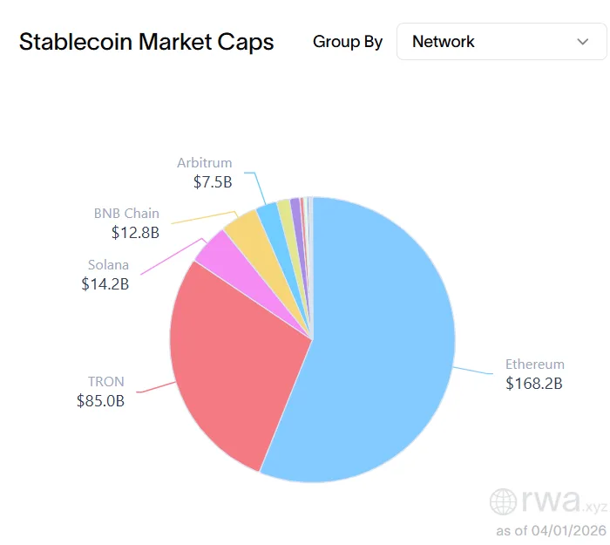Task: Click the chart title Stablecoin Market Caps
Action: coord(146,42)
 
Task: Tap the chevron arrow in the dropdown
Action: coord(583,41)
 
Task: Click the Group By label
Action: coord(348,42)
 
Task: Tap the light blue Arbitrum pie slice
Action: coord(268,214)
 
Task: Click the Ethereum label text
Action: coord(535,364)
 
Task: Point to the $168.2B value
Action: coord(534,384)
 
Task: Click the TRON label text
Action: coord(105,382)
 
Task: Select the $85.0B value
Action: coord(100,402)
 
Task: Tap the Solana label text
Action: coord(108,265)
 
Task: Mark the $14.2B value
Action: coord(105,284)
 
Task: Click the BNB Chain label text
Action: coord(126,214)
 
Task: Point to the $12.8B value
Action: coord(135,233)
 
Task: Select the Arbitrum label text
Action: coord(204,163)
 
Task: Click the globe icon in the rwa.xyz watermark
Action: coord(505,501)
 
